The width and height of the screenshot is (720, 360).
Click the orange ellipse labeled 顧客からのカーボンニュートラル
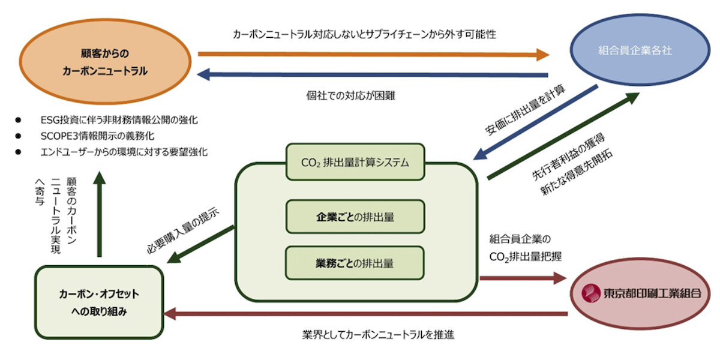click(104, 62)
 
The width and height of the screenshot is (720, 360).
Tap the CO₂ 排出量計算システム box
click(356, 161)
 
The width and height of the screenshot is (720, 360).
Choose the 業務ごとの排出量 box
click(356, 263)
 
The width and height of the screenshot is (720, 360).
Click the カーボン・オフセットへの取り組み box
click(99, 302)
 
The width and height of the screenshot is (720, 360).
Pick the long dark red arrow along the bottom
click(366, 313)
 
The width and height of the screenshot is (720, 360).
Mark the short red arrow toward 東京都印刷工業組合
click(522, 278)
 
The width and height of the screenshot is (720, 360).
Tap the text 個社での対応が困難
click(350, 95)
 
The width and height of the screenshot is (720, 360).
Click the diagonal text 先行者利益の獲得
click(567, 157)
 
